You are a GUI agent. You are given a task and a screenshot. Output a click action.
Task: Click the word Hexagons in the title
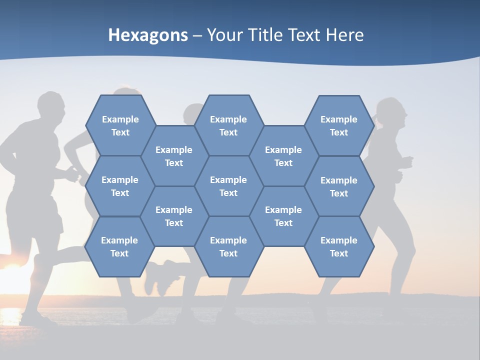tap(148, 35)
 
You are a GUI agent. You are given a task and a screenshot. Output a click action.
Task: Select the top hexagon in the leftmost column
tap(120, 125)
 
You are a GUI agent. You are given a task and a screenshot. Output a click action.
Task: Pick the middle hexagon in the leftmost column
tap(120, 186)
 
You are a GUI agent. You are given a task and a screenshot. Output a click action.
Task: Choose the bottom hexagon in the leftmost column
tap(119, 246)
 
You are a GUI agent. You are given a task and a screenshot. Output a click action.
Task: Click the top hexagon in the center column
tap(228, 125)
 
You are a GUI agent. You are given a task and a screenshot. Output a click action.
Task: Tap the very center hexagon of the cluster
tap(228, 186)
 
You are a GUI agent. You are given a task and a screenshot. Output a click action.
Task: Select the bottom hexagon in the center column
tap(228, 246)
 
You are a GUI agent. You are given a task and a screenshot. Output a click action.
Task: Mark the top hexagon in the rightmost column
tap(339, 125)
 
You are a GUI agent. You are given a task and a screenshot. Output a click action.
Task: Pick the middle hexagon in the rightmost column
tap(339, 186)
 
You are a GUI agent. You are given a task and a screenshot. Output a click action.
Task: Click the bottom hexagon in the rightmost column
tap(339, 246)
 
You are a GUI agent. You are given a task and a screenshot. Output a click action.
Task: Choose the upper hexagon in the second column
tap(174, 156)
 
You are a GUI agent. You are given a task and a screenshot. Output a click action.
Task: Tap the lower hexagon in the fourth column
tap(283, 216)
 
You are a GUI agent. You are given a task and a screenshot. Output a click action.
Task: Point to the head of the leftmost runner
tap(51, 107)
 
